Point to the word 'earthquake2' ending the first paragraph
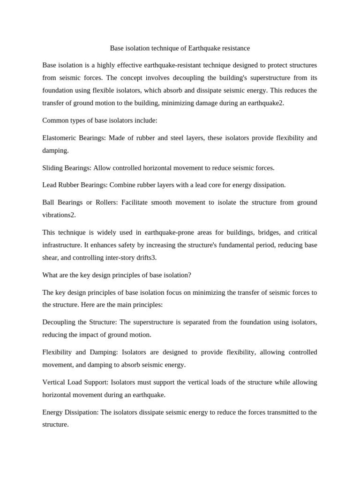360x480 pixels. (x=265, y=104)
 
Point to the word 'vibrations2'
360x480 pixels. (x=59, y=215)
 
